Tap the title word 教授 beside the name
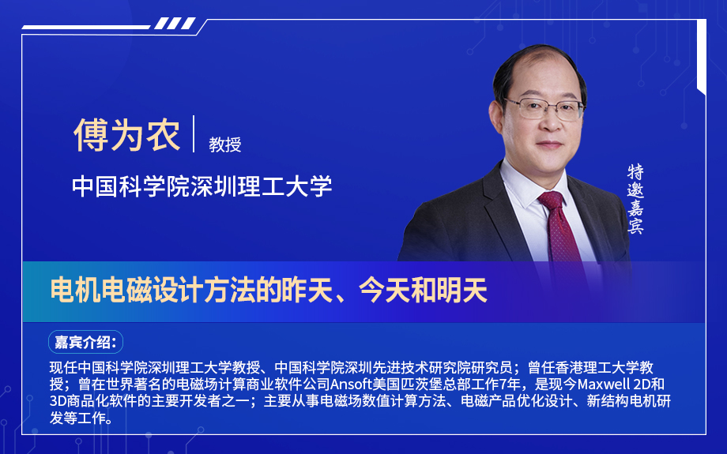coord(224,144)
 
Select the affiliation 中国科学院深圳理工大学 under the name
coord(202,186)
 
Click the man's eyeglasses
coord(545,108)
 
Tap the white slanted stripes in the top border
coord(175,24)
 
